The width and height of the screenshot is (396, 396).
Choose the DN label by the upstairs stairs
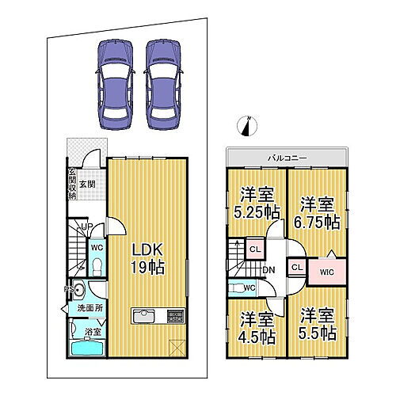tap(269, 270)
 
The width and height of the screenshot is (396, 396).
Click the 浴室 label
tap(93, 333)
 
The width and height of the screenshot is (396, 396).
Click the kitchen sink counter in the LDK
tap(147, 316)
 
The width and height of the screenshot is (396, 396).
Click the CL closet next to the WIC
tap(295, 268)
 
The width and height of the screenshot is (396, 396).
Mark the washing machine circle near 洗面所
tap(78, 288)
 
